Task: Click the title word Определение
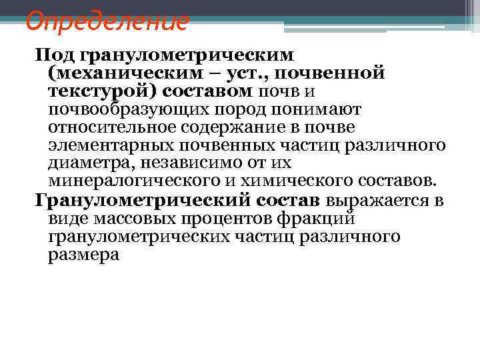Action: point(107,21)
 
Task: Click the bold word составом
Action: point(209,89)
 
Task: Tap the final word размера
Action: point(83,255)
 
